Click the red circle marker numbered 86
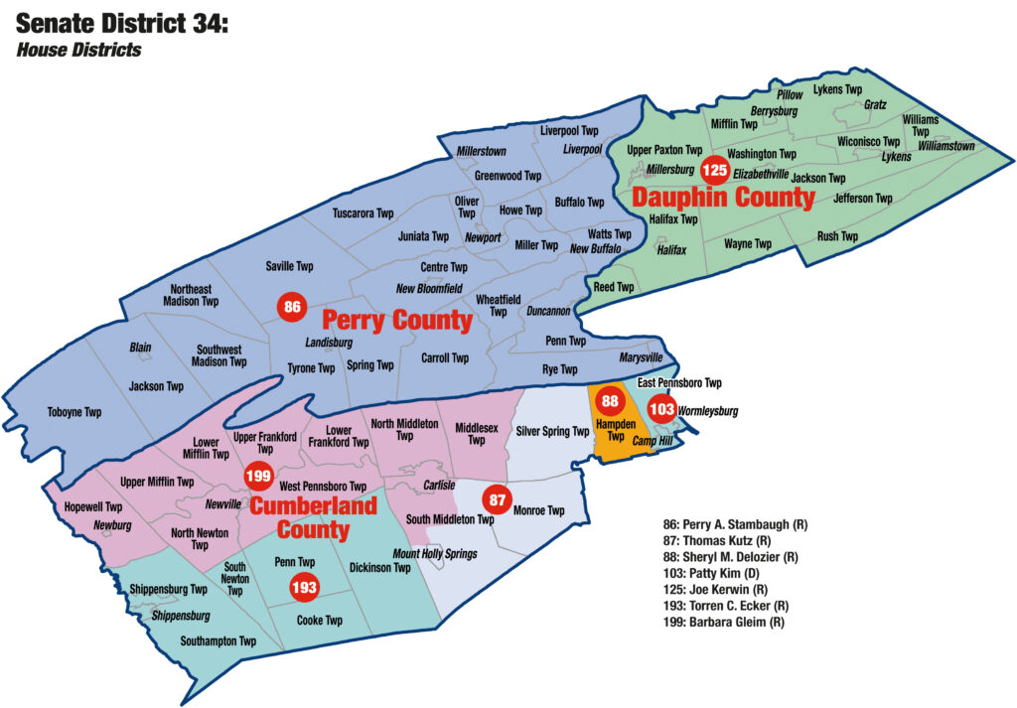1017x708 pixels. [x=292, y=307]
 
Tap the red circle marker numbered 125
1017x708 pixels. [x=713, y=171]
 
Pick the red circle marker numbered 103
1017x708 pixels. [x=662, y=408]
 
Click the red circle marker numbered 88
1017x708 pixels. [x=610, y=402]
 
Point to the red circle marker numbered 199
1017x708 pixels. [x=258, y=476]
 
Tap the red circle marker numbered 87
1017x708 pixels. [x=497, y=499]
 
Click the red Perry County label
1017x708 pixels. [x=396, y=321]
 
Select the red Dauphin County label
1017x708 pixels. [x=723, y=198]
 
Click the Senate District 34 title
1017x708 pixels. [x=122, y=22]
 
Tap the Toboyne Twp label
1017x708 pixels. [x=74, y=412]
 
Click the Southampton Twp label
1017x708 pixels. [x=218, y=641]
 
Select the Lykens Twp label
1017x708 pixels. [x=837, y=89]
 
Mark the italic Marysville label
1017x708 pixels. [x=641, y=357]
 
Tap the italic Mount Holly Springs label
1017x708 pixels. [x=435, y=553]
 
